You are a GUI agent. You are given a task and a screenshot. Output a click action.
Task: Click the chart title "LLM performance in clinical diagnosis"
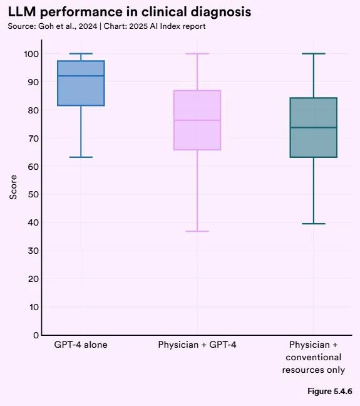(129, 13)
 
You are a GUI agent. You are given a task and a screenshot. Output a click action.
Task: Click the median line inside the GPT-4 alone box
(81, 76)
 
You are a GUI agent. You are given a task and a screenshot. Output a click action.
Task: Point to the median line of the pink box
(197, 120)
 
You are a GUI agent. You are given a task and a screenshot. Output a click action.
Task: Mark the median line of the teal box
(314, 127)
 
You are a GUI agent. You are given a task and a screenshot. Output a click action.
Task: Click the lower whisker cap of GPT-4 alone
(81, 157)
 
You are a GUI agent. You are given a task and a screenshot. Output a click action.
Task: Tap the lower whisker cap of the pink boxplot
(197, 231)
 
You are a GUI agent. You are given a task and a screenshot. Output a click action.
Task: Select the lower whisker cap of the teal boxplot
(314, 223)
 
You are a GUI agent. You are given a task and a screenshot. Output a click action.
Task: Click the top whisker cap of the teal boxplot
(314, 54)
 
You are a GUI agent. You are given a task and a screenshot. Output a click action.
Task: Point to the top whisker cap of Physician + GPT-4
(197, 54)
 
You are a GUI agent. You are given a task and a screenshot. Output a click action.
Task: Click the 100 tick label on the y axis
(30, 54)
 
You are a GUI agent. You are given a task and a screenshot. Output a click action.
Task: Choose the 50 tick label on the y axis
(33, 194)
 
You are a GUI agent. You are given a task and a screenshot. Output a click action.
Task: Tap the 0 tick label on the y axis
(35, 335)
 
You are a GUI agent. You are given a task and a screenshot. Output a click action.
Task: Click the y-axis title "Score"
(14, 187)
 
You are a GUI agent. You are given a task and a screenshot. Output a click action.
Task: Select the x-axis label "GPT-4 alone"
(81, 345)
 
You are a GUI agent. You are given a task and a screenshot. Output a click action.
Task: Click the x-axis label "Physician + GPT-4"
(197, 345)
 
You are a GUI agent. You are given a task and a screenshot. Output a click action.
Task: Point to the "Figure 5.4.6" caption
(329, 392)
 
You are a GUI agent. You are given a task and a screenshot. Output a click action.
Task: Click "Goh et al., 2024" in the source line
(65, 26)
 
